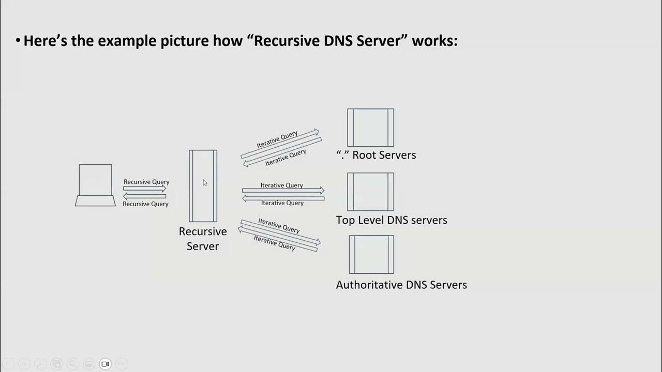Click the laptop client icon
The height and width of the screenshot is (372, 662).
coord(95,185)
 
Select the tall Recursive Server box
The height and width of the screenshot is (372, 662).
coord(203,186)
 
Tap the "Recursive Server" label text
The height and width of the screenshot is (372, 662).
coord(203,239)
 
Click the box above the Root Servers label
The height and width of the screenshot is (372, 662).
coord(370,128)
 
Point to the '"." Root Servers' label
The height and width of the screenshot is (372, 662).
coord(376,155)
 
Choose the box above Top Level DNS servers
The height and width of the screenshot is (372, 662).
coord(370,192)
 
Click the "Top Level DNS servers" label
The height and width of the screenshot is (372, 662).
coord(392,220)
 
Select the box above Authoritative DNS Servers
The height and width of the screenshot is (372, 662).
coord(371,254)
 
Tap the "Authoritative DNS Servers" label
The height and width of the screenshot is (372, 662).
coord(401,285)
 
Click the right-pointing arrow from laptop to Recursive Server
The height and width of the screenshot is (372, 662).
coord(145,189)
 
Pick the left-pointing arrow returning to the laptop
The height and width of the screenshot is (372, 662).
coord(145,196)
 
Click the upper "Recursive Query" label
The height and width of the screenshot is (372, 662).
coord(146,182)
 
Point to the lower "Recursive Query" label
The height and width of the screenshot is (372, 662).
coord(145,204)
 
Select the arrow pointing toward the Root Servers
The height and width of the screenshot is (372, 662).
coord(280,144)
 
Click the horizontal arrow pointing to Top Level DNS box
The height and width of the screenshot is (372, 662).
coord(283,191)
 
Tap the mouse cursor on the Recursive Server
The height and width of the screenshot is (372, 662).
coord(204,182)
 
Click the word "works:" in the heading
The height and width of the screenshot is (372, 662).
coord(434,41)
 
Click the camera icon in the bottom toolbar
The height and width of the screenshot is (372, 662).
coord(105,364)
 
